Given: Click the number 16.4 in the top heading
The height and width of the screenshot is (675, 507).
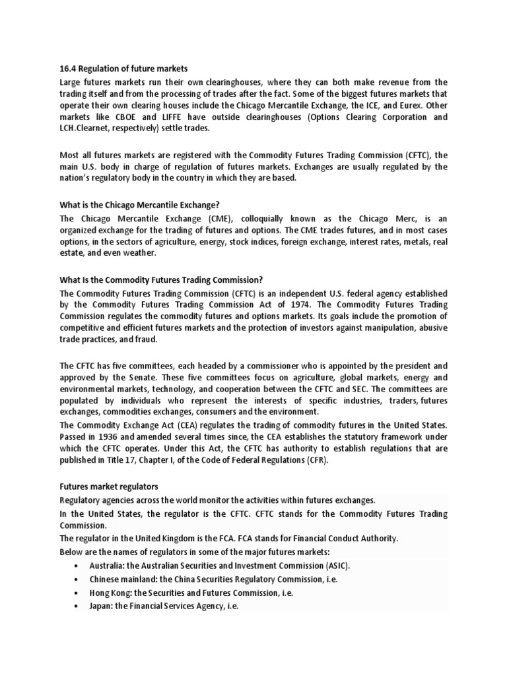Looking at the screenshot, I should (x=68, y=69).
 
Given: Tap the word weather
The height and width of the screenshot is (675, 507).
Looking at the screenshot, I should (x=140, y=253).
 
